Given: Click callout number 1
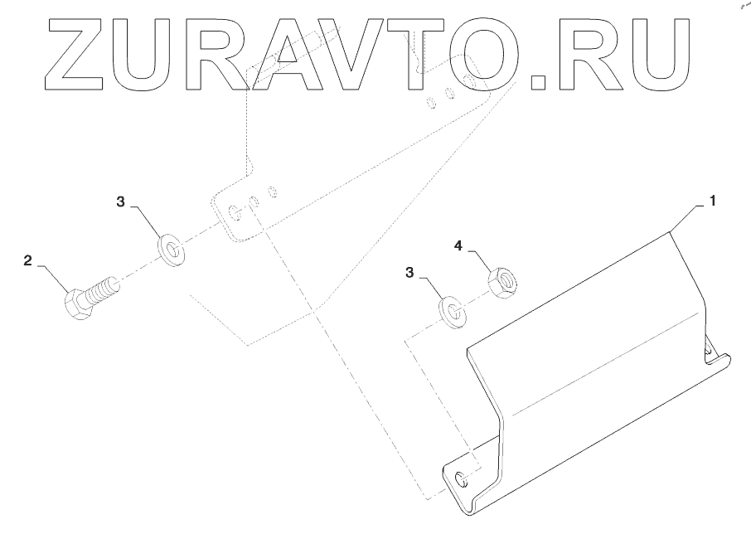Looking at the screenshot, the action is pos(712,201).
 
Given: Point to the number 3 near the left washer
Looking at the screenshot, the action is pos(119,201).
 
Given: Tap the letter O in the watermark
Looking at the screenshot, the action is pos(478,55).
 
